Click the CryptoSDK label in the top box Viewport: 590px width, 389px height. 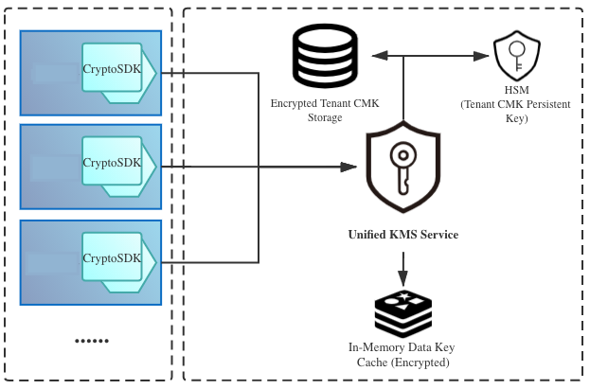click(x=112, y=68)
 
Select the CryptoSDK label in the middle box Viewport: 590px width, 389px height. click(x=112, y=162)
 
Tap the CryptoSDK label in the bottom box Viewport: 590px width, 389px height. click(x=112, y=257)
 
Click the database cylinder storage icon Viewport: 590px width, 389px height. click(x=324, y=55)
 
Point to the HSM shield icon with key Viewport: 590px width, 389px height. click(x=517, y=53)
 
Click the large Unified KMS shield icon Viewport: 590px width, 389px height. click(x=402, y=168)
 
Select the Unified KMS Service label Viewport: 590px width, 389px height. click(x=402, y=234)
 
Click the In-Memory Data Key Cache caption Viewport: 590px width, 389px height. click(x=402, y=355)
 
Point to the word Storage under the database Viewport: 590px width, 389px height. click(x=324, y=117)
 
